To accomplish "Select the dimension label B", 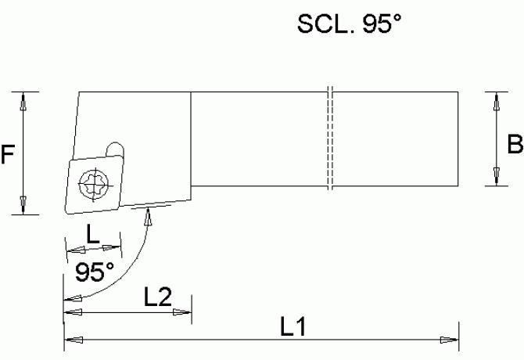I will tap(515, 144).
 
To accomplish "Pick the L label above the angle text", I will tap(92, 233).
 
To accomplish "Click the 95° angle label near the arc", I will tap(95, 272).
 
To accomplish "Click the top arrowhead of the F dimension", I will tap(23, 99).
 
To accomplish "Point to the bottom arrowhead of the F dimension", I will tap(23, 205).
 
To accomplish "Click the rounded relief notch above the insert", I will tap(115, 148).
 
